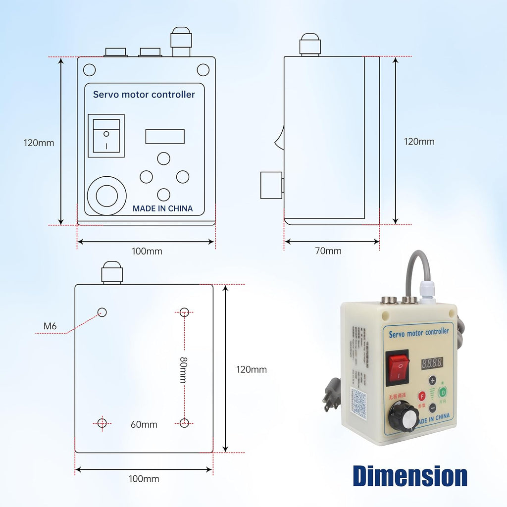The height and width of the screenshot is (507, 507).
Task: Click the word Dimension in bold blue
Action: coord(410,476)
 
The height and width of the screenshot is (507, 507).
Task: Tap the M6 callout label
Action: coord(50,326)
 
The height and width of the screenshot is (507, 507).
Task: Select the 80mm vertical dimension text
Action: coord(183,369)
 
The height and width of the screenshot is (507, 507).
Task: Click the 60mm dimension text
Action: coord(144,424)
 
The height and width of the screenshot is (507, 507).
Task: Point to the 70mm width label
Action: coord(328,251)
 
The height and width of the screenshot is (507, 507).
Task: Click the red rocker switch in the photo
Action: coord(398,367)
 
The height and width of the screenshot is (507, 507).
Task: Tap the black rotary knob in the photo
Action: coord(403,416)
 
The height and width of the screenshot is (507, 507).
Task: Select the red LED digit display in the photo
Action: coord(431,362)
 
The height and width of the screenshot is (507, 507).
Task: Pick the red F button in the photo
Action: coord(422,396)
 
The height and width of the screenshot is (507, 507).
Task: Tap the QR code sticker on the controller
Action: coord(360,402)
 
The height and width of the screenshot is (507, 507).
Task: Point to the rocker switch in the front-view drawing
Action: coord(106,136)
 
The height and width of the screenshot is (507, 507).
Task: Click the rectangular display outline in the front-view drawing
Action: coord(165,137)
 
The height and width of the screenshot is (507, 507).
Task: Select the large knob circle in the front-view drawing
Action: coord(106,196)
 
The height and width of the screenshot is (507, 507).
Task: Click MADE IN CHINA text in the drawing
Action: coord(162,208)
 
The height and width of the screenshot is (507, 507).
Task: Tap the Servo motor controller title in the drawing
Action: coord(144,95)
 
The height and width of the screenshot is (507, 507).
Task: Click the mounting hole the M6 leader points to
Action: coord(102,312)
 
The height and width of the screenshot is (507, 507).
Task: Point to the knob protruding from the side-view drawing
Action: coord(271,185)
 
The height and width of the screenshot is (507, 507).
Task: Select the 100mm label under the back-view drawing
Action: coord(144,479)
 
